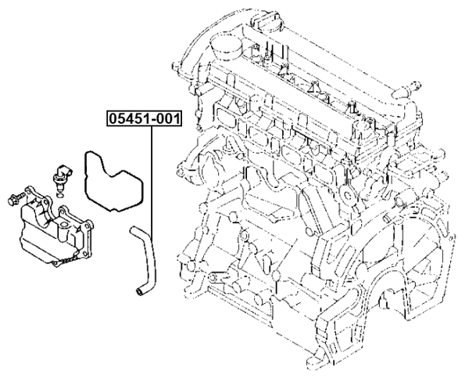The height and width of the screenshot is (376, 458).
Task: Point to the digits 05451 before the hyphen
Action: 128,120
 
